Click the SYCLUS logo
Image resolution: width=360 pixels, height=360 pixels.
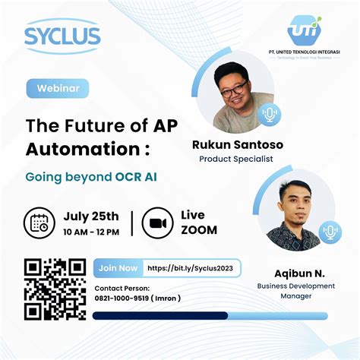point(62,35)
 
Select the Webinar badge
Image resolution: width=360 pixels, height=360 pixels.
point(58,88)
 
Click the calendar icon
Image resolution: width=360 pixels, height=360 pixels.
point(39,222)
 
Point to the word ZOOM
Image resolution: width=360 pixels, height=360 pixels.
point(199,230)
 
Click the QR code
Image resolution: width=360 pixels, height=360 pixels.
point(55,289)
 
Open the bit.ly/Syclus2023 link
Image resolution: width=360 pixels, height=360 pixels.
point(194,267)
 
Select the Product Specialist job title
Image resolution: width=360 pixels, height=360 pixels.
point(235,159)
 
